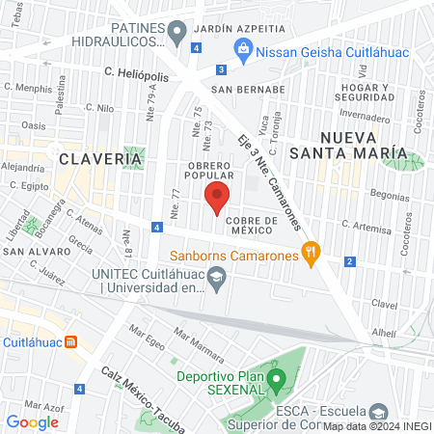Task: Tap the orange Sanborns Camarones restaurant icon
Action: click(310, 256)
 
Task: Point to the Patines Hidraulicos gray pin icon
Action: click(176, 36)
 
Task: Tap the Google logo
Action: click(32, 421)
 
